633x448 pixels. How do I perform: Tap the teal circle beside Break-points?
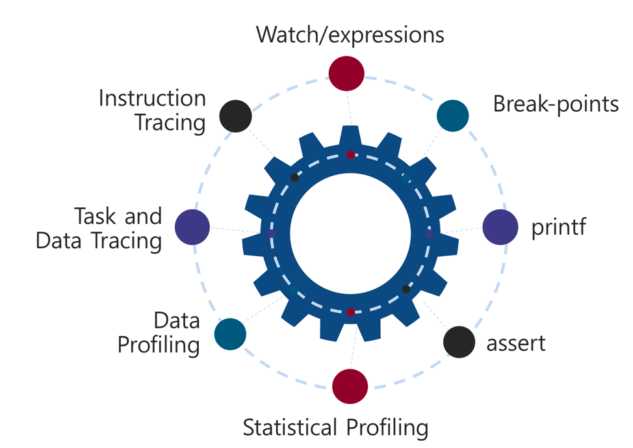tap(452, 115)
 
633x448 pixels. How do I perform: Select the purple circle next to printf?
tap(500, 228)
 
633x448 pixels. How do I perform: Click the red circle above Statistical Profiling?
tap(350, 386)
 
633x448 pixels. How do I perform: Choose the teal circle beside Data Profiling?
tap(230, 334)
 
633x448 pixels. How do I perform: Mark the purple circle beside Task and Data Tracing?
tap(192, 228)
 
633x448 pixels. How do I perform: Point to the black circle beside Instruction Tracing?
tap(235, 116)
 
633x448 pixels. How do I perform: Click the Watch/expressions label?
tap(350, 34)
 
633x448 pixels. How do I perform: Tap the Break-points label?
tap(555, 103)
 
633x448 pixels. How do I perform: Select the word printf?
tap(559, 229)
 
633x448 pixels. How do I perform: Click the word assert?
tap(516, 343)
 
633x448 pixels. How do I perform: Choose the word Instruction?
tap(152, 99)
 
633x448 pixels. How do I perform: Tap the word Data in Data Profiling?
tap(176, 321)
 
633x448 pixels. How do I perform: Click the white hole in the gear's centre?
tap(350, 233)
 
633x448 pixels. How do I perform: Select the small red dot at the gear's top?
tap(351, 155)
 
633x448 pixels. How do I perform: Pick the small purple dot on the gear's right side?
tap(429, 233)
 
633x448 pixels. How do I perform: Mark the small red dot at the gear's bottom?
tap(351, 313)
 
